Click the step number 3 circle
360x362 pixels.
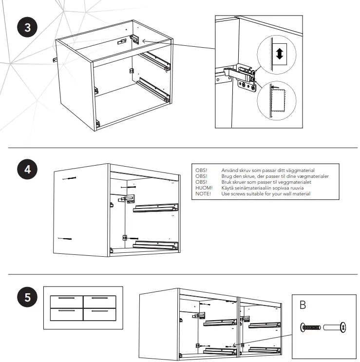27,28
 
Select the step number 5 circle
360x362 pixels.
27,297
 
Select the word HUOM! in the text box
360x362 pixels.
204,188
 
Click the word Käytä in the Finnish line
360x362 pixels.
228,188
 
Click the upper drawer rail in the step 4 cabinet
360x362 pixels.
153,208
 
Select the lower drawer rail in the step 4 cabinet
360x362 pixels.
153,244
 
